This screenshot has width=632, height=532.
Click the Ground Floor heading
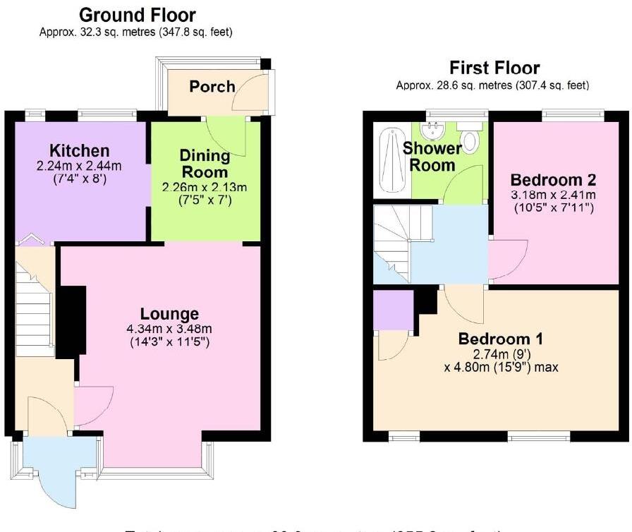(137, 15)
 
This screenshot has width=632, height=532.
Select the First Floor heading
(494, 68)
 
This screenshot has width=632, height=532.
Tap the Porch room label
(212, 86)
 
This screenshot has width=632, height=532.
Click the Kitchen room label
(79, 150)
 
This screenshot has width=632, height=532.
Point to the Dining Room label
(205, 163)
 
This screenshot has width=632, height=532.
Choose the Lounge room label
(169, 314)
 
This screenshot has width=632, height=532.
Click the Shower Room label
(432, 157)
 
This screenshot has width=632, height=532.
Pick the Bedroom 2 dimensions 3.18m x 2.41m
(553, 195)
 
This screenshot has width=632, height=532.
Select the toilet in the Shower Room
(470, 138)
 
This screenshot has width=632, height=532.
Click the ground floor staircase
(35, 310)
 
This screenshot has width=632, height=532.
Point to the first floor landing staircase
(392, 243)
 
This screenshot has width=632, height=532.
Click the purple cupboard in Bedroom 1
(393, 310)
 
